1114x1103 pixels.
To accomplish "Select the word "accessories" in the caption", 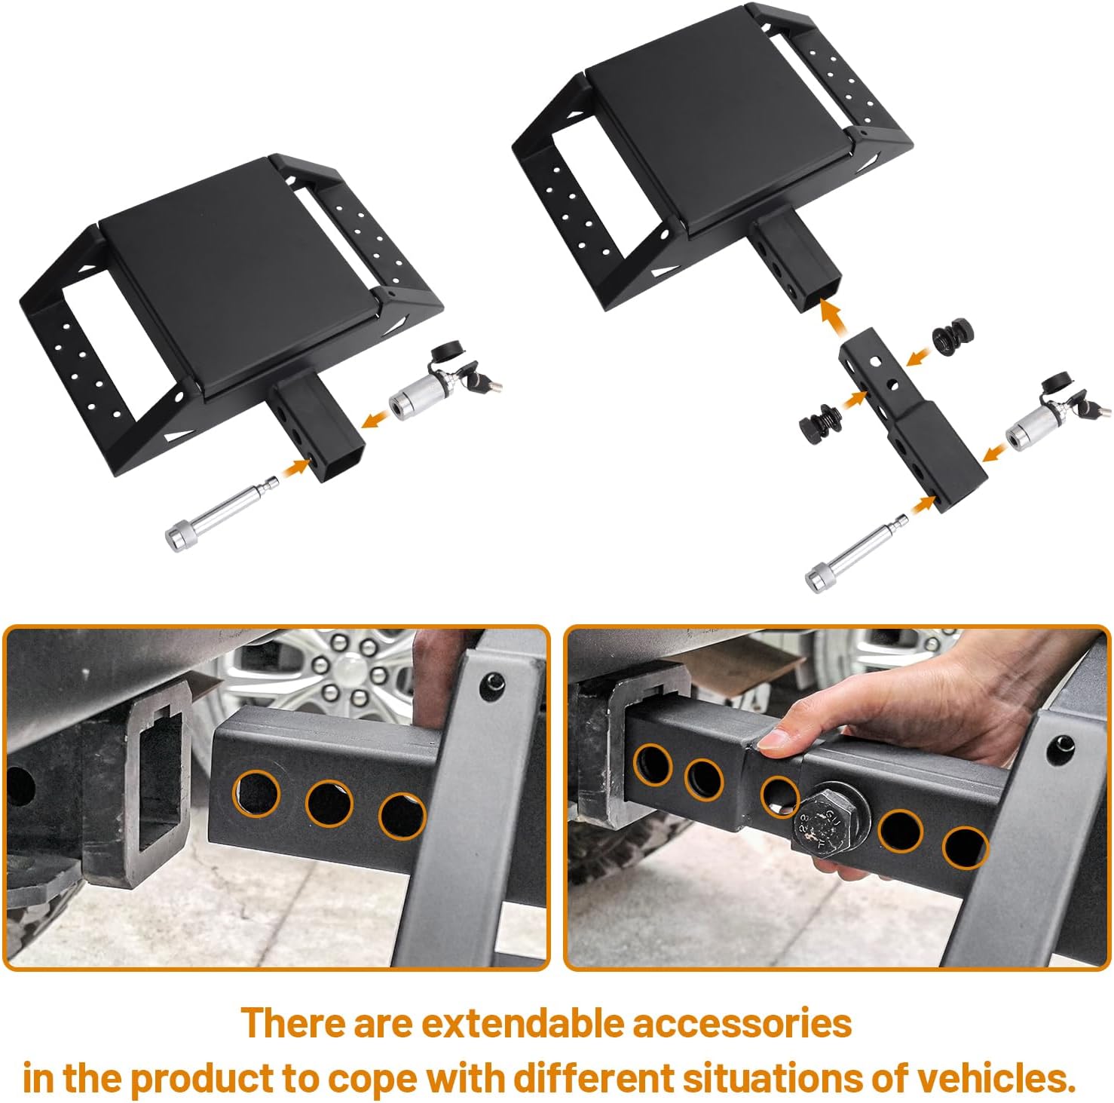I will (742, 1024).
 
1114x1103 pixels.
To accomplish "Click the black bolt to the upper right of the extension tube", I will (953, 337).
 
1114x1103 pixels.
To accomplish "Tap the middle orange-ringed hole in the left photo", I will (329, 803).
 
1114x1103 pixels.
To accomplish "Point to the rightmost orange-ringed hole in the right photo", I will (964, 845).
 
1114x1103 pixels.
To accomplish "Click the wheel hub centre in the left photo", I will (348, 669).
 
